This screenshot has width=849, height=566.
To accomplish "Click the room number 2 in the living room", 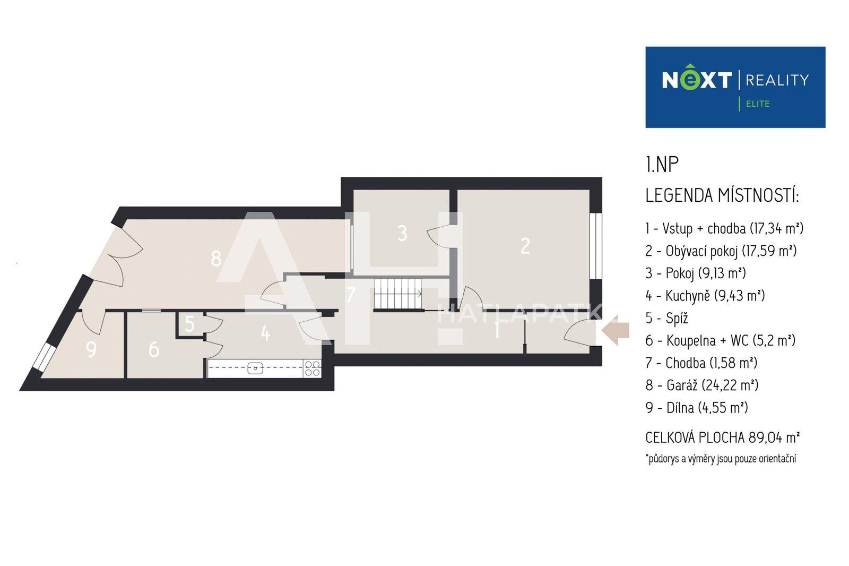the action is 525,246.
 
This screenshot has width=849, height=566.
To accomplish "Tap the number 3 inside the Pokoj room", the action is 402,233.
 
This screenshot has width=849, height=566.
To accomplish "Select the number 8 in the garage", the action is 216,259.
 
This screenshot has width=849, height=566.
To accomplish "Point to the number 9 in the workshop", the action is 91,349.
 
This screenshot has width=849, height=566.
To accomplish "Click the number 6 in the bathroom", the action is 154,349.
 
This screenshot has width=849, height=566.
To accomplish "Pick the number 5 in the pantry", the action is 189,324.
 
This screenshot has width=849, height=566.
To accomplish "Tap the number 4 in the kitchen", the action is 266,333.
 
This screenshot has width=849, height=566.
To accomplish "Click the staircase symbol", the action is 398,294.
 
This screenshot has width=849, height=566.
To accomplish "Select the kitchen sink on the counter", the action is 255,368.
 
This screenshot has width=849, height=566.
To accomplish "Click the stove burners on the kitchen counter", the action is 313,368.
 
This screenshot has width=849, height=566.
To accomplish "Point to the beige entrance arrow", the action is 616,330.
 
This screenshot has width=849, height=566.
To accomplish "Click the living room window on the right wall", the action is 596,246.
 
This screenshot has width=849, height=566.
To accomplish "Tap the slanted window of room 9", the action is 45,357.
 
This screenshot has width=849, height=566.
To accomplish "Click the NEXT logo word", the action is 697,79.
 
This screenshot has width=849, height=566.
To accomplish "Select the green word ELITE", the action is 758,104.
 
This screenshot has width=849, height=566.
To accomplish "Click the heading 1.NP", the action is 662,164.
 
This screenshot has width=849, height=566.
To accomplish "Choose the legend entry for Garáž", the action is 702,385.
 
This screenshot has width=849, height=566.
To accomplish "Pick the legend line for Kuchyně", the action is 705,296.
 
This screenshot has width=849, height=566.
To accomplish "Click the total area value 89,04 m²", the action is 774,438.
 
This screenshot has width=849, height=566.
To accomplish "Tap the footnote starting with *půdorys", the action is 721,459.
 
